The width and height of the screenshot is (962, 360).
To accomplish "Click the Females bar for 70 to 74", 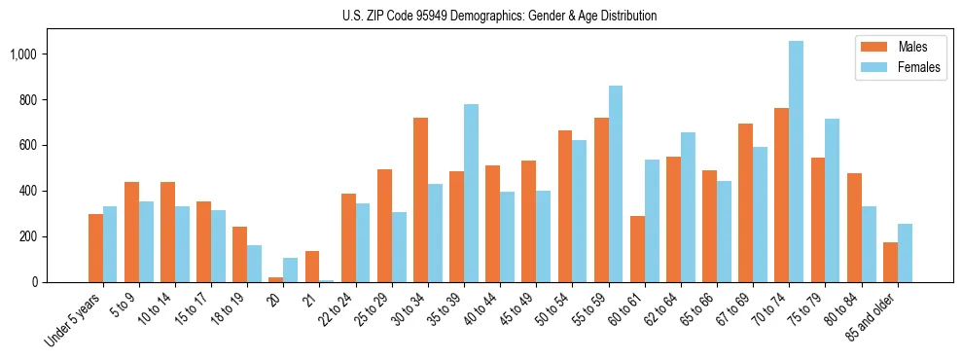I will pos(797,162).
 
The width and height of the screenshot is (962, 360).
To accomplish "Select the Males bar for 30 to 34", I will pos(420,199).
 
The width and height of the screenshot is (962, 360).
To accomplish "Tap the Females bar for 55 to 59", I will pos(616,184).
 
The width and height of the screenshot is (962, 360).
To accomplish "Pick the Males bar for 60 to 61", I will pos(637,249).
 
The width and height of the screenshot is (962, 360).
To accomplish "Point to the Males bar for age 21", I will pos(312,267).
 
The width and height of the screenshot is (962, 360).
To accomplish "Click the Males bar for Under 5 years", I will pos(95,248).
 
